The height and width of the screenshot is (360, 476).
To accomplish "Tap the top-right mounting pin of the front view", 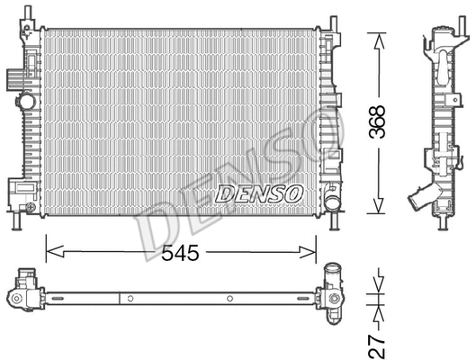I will pos(334,22).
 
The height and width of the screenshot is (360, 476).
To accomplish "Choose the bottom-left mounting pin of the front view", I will pos(17,219).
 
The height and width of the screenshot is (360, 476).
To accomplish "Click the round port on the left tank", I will pos(31,208).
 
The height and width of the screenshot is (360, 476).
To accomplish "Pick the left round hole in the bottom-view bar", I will pos(130,298).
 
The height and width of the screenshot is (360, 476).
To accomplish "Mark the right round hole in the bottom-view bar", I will pos(230,298).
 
